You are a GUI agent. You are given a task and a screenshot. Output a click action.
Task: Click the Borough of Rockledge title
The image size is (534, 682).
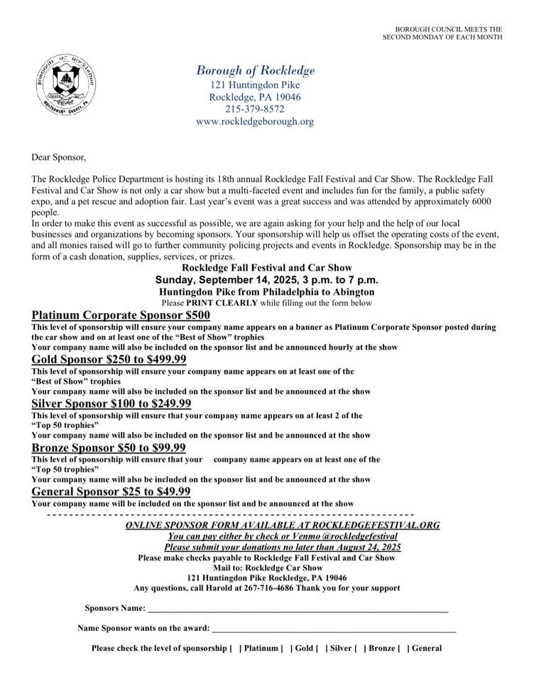click(255, 70)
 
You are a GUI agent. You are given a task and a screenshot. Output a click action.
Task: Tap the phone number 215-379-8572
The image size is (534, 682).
click(255, 109)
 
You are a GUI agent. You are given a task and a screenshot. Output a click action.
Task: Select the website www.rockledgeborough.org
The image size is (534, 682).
click(255, 121)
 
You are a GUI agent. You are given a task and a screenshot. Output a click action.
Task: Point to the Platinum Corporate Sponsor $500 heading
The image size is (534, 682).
click(121, 315)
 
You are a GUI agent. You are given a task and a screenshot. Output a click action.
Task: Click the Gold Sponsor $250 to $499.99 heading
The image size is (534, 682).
click(109, 359)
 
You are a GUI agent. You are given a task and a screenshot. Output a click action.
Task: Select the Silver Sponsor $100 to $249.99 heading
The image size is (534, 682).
click(111, 404)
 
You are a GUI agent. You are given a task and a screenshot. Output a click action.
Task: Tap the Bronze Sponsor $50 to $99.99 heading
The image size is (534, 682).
click(109, 448)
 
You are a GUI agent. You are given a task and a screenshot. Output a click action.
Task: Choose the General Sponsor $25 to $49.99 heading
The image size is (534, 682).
click(111, 492)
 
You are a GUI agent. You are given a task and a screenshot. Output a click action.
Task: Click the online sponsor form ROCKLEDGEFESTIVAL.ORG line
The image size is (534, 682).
click(283, 525)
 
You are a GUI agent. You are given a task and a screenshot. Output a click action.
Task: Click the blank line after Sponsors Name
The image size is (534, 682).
click(298, 610)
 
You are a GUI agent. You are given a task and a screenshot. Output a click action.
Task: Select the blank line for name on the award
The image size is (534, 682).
click(334, 629)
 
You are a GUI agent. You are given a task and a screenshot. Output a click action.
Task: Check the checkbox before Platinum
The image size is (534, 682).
click(235, 648)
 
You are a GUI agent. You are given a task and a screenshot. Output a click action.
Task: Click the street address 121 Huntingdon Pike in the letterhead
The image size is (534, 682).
click(255, 84)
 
